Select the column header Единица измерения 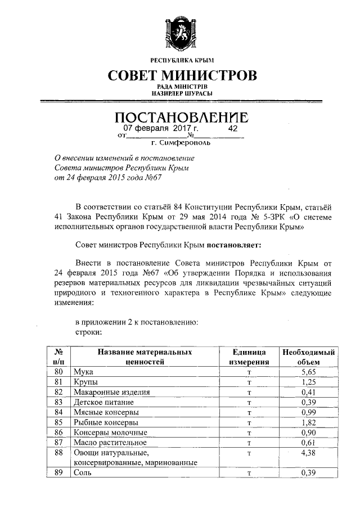pos(249,357)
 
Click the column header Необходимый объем pos(309,357)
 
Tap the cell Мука pos(83,372)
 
